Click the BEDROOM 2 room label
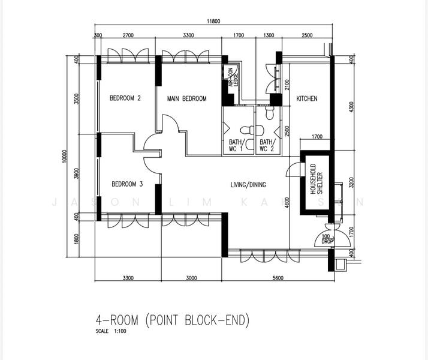point(125,98)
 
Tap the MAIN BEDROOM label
point(186,98)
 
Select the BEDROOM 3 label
point(126,184)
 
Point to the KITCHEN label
point(307,98)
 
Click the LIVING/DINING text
point(248,185)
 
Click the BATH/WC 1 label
point(236,145)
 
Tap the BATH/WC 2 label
point(267,145)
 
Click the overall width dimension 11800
point(215,22)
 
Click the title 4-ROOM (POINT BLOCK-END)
point(171,320)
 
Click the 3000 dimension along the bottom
point(191,278)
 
